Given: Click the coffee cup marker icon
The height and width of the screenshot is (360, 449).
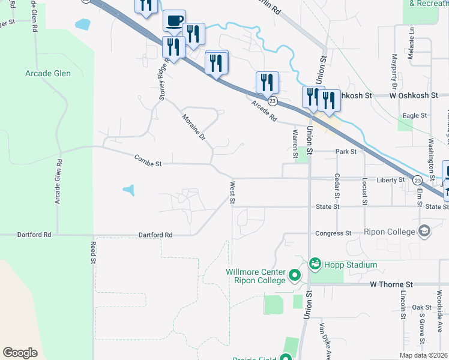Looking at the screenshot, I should pyautogui.click(x=175, y=21).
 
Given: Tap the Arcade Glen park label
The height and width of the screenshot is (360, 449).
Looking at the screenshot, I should pyautogui.click(x=48, y=74).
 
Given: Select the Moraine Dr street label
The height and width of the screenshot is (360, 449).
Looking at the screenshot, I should pyautogui.click(x=194, y=127).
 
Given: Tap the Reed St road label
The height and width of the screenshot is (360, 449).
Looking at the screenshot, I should pyautogui.click(x=93, y=253).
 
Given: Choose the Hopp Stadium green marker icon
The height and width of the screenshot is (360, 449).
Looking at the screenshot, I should pyautogui.click(x=315, y=264).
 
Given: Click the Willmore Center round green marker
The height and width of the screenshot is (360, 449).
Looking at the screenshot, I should pyautogui.click(x=294, y=276).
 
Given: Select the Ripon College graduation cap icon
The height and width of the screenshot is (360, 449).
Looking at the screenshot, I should pyautogui.click(x=424, y=232).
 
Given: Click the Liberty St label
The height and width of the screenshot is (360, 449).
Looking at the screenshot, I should pyautogui.click(x=391, y=180).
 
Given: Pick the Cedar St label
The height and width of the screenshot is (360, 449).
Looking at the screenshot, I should pyautogui.click(x=337, y=187).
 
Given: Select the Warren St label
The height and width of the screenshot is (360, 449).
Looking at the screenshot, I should pyautogui.click(x=295, y=144).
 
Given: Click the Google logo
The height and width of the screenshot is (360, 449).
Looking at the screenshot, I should pyautogui.click(x=20, y=353).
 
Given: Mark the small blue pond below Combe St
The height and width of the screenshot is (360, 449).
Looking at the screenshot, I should pyautogui.click(x=129, y=191).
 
